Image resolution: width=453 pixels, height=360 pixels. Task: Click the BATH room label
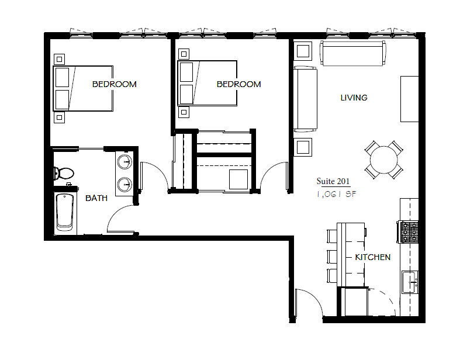[96, 198]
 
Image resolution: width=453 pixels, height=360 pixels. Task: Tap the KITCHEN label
[372, 257]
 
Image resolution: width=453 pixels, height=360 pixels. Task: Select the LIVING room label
[354, 98]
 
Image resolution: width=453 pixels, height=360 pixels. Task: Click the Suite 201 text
[333, 181]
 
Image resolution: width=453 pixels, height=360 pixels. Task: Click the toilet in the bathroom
[63, 173]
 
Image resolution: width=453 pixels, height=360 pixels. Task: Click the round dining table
[384, 158]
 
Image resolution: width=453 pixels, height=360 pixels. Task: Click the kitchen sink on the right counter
[410, 282]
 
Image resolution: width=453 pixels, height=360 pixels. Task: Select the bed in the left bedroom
[83, 88]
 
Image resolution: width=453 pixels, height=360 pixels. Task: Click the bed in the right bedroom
[208, 82]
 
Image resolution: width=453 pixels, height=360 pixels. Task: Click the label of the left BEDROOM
[114, 84]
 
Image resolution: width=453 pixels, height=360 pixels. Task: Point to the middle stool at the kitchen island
[332, 256]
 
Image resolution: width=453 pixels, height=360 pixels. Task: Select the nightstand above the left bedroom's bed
[59, 58]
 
